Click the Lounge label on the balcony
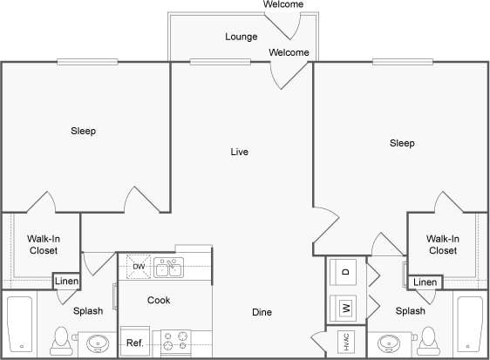coord(241,37)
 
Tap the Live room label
coord(240,152)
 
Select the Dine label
coord(262,312)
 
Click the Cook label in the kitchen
coord(159,300)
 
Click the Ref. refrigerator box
coord(134,343)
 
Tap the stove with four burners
coord(174,341)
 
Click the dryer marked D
coord(345,273)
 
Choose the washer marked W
coord(345,307)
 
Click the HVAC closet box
coord(344,342)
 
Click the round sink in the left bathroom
coord(99,343)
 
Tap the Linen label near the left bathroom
coord(66,281)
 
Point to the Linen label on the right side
coord(425,282)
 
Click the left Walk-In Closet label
coord(42,244)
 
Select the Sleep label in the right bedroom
coord(402,143)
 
